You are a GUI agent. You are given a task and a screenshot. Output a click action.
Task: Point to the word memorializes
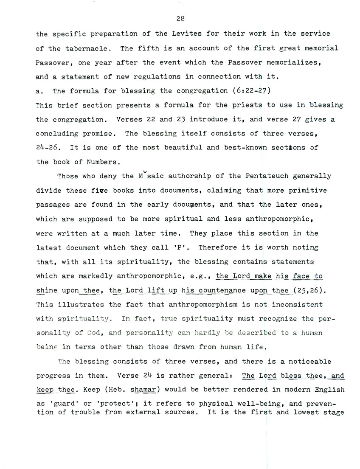[x=296, y=62]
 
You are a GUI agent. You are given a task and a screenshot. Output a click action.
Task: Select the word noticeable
[x=309, y=362]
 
